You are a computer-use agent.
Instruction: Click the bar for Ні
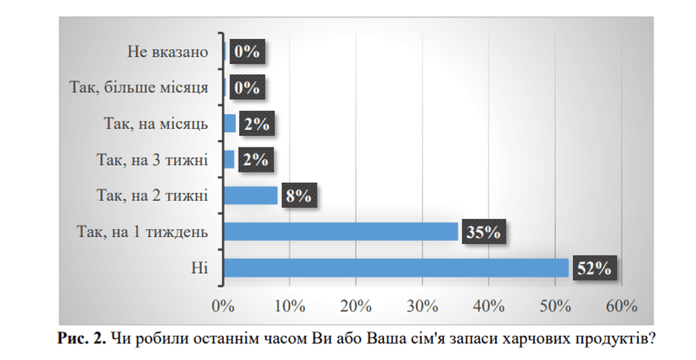coord(396,268)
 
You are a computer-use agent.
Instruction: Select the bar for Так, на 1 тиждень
coord(341,232)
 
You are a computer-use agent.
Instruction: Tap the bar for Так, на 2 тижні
coord(251,196)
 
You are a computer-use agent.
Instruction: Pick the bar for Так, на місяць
coord(230,124)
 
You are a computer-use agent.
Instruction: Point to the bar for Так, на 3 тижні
coord(229,160)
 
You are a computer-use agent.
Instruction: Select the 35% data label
coord(484,232)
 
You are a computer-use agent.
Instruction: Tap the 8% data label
coord(298,196)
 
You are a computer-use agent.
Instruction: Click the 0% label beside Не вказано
coord(247,52)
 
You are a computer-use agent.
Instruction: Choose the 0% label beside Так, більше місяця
coord(247,88)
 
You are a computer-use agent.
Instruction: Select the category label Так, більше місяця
coord(139,88)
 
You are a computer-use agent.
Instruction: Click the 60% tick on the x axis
coord(620,306)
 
